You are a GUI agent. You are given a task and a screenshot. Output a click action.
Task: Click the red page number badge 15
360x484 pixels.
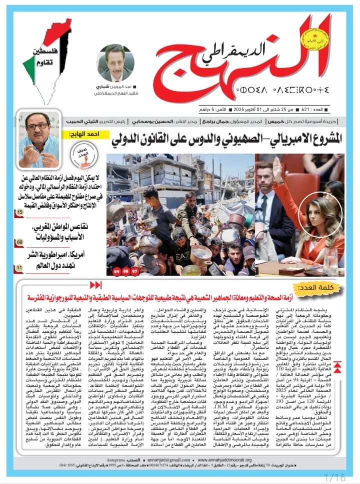pos(19,214)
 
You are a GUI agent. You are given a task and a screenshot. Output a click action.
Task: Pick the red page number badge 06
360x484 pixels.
pos(19,242)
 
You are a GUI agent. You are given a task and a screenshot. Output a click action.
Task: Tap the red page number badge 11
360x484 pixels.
pos(19,268)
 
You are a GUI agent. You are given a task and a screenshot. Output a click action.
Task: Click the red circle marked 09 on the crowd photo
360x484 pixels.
pos(117,271)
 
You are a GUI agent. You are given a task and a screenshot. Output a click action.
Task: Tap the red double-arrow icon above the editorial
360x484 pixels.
pos(94,285)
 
